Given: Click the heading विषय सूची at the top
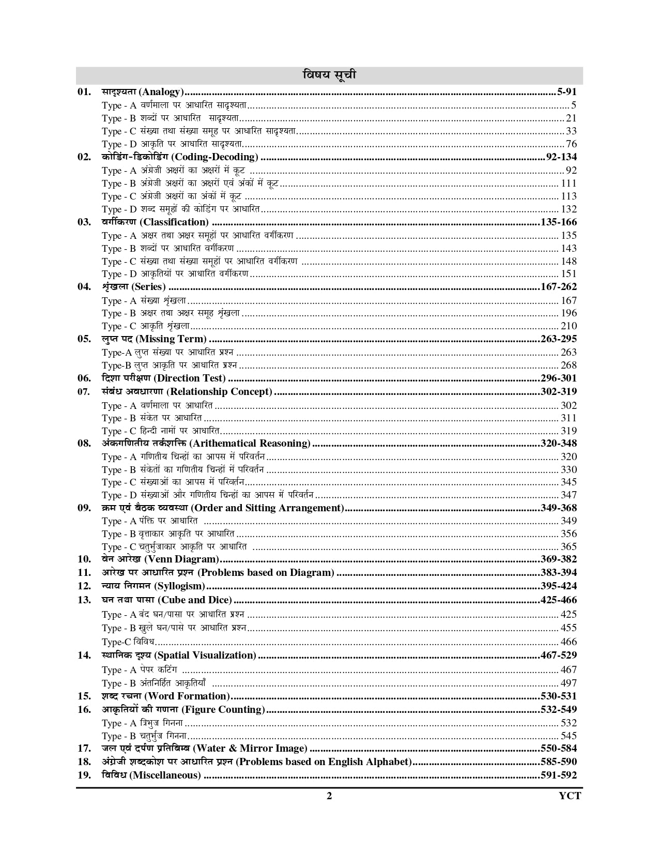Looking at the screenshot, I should click(x=329, y=75).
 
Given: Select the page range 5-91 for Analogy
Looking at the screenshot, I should click(x=566, y=92).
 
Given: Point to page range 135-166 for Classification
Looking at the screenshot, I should click(x=558, y=222).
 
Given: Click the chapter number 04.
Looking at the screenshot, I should click(x=84, y=287).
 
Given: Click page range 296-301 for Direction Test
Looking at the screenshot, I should click(x=558, y=378).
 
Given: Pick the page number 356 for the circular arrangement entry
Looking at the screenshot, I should click(x=569, y=534).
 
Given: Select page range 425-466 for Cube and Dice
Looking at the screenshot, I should click(x=558, y=600).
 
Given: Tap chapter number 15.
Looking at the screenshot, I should click(x=84, y=696).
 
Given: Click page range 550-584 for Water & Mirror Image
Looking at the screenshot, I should click(x=558, y=748).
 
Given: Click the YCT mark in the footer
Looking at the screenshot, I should click(x=570, y=796).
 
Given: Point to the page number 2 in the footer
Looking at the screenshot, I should click(x=329, y=796).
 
